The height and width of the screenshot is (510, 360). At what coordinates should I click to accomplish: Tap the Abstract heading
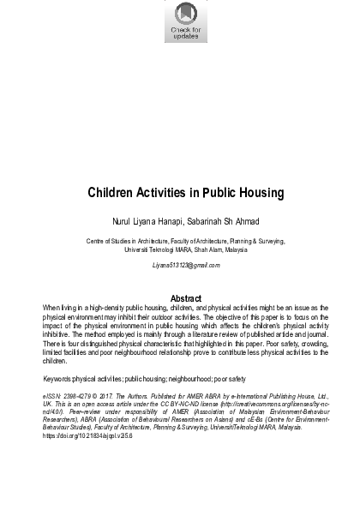point(186,298)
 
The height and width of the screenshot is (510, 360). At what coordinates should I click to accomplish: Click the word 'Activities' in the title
point(171,192)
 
